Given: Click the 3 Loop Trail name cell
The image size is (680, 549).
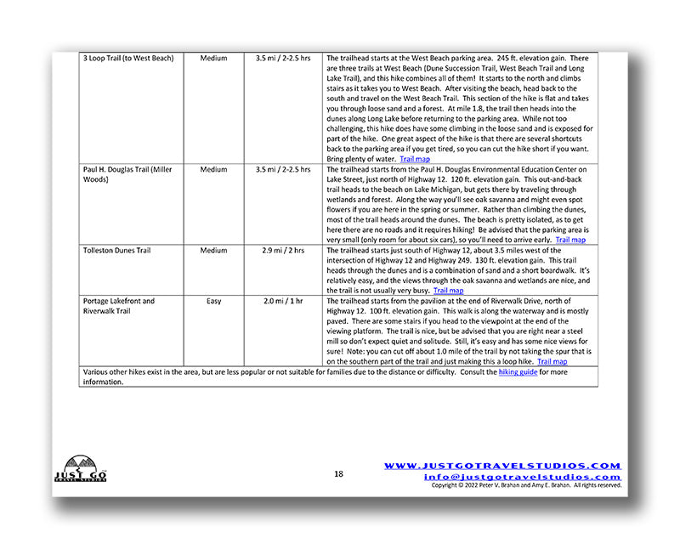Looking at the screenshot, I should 128,59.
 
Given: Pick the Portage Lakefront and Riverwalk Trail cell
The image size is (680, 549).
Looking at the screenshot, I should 119,306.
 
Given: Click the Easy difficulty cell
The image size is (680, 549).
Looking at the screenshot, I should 214,301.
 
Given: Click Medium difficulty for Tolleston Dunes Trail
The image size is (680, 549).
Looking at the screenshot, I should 214,251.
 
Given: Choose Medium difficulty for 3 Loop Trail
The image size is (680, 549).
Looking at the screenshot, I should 214,59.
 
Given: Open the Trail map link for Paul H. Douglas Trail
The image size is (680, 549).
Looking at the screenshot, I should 566,240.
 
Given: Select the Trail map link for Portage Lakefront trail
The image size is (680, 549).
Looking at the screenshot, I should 552,361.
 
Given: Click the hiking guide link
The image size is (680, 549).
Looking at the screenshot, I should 518,372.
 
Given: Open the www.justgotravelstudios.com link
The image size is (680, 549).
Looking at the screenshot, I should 502,466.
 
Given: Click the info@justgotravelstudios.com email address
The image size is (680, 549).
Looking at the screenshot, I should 522,477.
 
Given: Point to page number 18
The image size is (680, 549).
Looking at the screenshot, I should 338,473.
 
